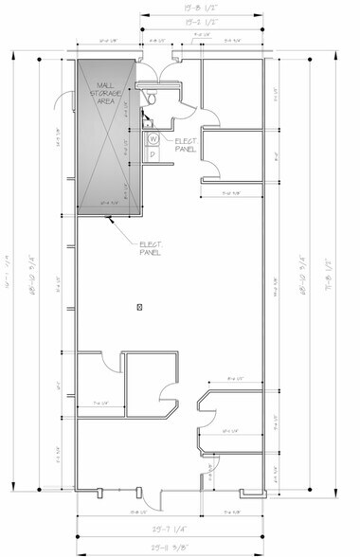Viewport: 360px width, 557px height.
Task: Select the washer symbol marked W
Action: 153,138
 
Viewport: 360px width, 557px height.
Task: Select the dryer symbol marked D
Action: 153,153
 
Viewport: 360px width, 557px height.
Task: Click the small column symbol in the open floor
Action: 139,306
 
